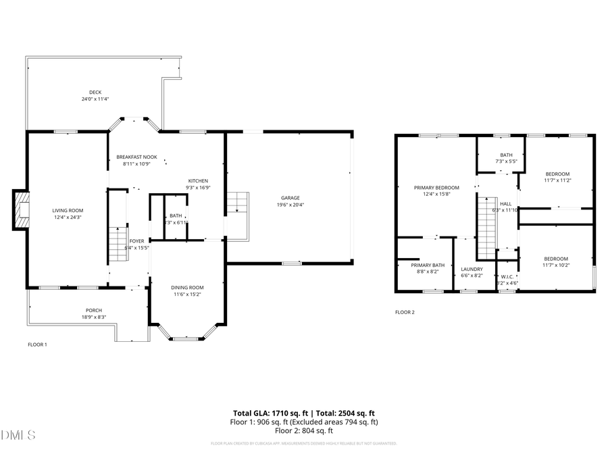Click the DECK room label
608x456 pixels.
coord(95,93)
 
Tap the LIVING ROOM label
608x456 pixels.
coord(68,211)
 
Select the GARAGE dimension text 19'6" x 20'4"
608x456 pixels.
coord(290,205)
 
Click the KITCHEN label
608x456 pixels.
coord(198,181)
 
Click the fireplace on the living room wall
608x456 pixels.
coord(22,211)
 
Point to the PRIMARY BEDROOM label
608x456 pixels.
coord(436,187)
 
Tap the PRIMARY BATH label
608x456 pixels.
coord(428,265)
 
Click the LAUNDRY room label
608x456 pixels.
coord(472,269)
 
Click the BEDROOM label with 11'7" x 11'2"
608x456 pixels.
coord(557,174)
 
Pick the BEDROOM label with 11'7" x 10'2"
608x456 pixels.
coord(556,259)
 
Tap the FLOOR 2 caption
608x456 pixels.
coord(405,312)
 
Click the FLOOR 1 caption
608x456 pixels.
coord(37,345)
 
